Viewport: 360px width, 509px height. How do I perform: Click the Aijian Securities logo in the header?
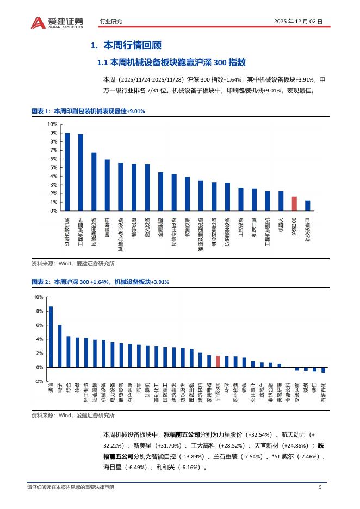click(x=57, y=22)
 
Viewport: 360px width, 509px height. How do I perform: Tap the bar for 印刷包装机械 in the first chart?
click(x=67, y=172)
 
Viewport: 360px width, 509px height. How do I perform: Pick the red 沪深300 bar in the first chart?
click(x=294, y=203)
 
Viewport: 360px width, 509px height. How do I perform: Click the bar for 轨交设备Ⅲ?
click(x=307, y=205)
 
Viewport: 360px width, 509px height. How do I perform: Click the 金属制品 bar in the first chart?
click(x=160, y=191)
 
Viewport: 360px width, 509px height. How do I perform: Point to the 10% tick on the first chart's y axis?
click(x=53, y=124)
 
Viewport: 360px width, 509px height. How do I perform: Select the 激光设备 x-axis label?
click(x=147, y=228)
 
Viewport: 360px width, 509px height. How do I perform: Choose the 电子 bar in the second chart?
click(x=60, y=346)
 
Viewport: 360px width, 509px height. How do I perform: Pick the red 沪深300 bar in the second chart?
click(x=218, y=362)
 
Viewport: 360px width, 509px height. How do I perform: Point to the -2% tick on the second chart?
click(x=39, y=381)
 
